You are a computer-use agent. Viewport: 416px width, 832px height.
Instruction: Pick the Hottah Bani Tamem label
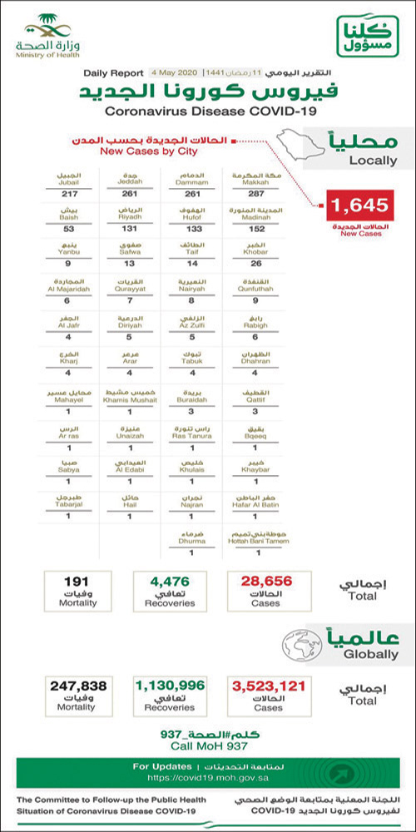[255, 538]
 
